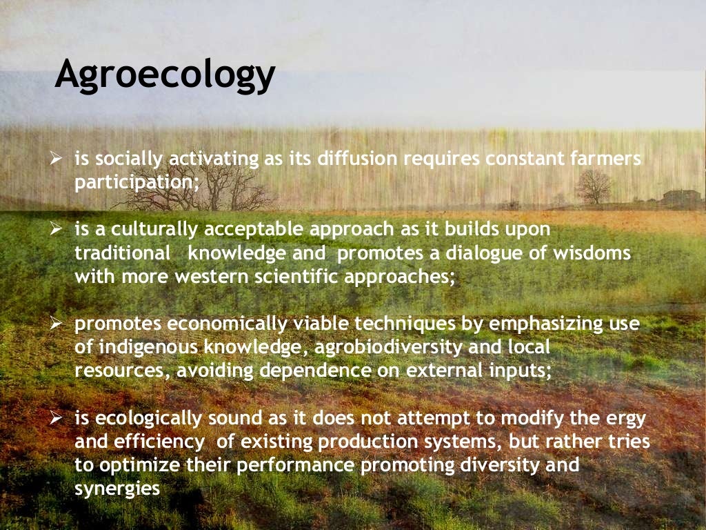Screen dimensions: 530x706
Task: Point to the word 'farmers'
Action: coord(607,159)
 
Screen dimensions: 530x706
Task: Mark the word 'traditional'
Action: coord(122,253)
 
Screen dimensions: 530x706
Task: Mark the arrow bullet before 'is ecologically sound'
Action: coord(58,418)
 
